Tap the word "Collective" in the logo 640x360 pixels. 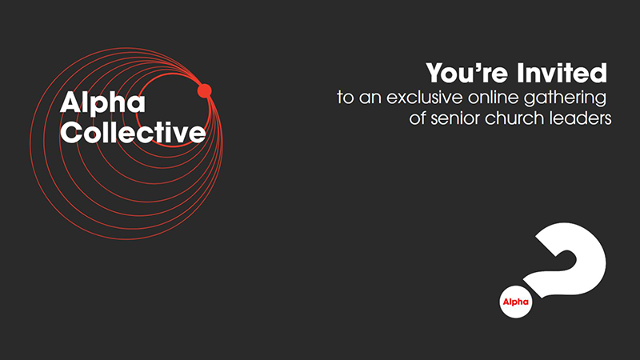tap(133, 132)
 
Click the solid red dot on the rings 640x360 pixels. tap(205, 90)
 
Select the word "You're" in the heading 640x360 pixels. tap(467, 73)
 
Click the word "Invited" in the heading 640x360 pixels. tap(562, 73)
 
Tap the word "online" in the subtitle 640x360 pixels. tap(493, 98)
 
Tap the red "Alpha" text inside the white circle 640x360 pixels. tap(515, 302)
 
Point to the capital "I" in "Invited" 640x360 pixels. tap(519, 73)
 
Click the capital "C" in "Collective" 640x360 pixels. tap(71, 133)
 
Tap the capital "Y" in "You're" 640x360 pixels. tap(436, 73)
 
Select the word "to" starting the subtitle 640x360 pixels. tap(346, 98)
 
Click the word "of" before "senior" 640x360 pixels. tap(418, 118)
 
